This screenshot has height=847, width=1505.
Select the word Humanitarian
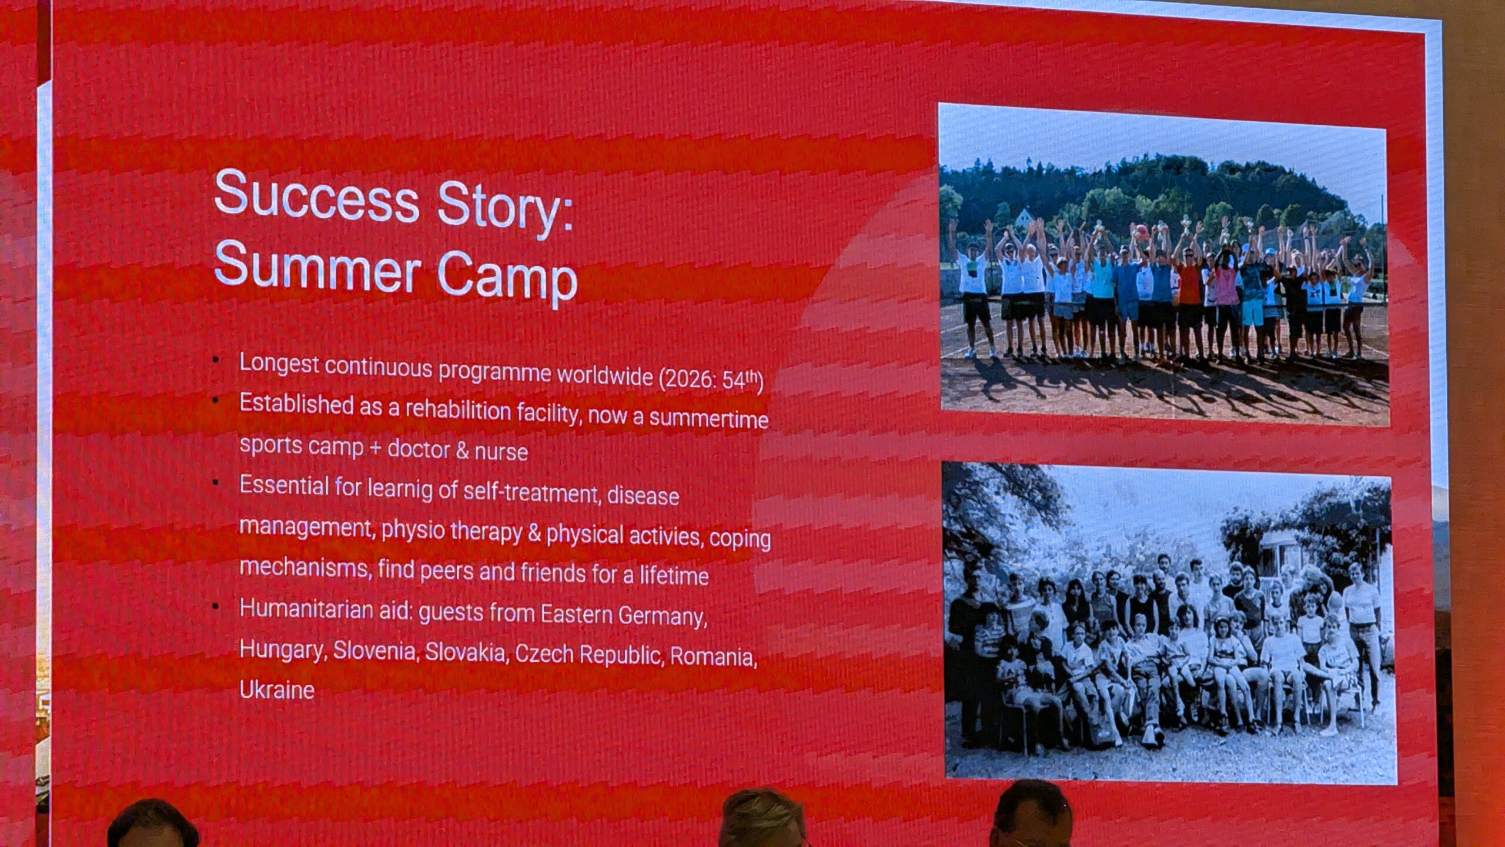click(305, 609)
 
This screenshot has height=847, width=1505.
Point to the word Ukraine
click(277, 689)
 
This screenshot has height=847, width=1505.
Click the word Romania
click(713, 656)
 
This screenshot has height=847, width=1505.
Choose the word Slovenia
click(375, 650)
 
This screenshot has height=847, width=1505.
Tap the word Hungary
click(282, 650)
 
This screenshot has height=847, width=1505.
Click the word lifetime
click(674, 575)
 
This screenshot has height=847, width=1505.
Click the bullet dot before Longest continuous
click(216, 359)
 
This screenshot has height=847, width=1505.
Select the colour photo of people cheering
click(1164, 265)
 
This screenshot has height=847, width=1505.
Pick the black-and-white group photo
click(1170, 623)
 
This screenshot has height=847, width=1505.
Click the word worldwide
click(605, 375)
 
